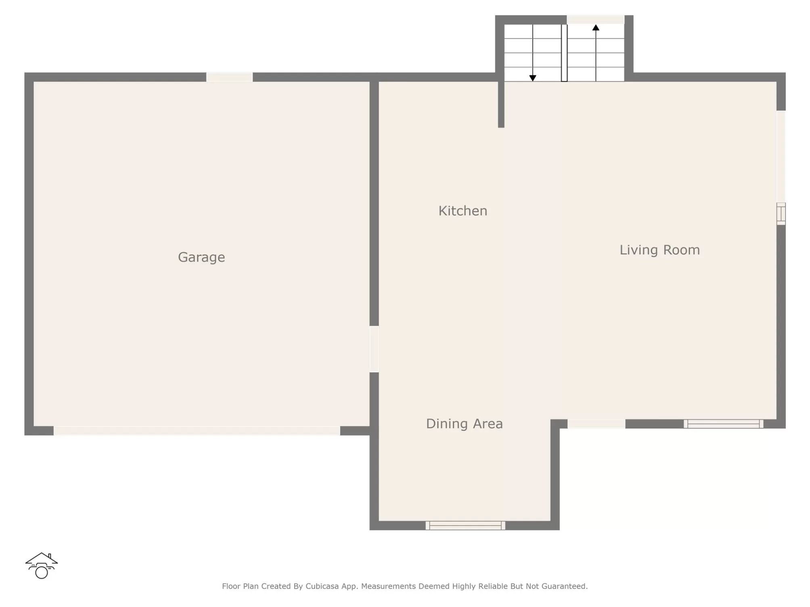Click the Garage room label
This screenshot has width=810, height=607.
tap(201, 257)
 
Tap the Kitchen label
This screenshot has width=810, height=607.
tap(463, 211)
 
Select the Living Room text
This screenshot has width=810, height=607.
tap(659, 250)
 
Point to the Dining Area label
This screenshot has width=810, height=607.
tap(464, 423)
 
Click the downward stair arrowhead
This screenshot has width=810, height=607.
tap(533, 78)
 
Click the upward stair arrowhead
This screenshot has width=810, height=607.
tap(596, 27)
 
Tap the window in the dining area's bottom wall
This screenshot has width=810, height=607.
tap(465, 525)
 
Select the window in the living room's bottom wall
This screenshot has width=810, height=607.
tap(723, 423)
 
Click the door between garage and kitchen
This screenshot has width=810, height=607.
tap(374, 349)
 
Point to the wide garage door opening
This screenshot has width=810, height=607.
tap(197, 431)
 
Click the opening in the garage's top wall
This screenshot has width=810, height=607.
tap(230, 77)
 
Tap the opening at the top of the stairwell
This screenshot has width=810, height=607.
tap(595, 20)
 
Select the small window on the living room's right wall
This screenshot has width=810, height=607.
tap(781, 214)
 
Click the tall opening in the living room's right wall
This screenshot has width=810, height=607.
tap(781, 156)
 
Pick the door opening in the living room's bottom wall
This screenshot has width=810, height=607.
tap(597, 423)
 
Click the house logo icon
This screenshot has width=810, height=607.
tap(42, 565)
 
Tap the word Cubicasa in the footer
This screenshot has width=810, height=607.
tap(322, 586)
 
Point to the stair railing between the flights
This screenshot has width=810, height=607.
tap(564, 53)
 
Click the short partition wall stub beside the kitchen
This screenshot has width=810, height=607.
tap(501, 104)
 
